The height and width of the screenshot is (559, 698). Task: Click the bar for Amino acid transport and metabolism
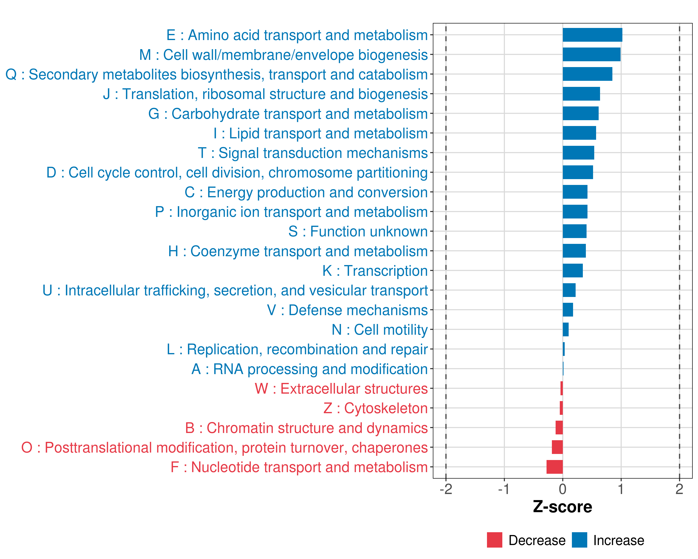pyautogui.click(x=592, y=35)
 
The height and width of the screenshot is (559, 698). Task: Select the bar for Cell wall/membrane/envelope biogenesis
pyautogui.click(x=591, y=55)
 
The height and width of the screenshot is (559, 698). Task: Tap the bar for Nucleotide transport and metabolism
pyautogui.click(x=555, y=467)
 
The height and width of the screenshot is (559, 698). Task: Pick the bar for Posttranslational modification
pyautogui.click(x=557, y=447)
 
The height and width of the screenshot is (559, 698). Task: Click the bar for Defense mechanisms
pyautogui.click(x=568, y=310)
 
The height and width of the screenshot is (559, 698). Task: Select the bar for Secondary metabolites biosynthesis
pyautogui.click(x=587, y=74)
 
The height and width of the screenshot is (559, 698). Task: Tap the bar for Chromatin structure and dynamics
pyautogui.click(x=559, y=428)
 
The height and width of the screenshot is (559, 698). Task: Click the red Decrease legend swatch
pyautogui.click(x=494, y=540)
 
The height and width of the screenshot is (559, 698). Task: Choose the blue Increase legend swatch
pyautogui.click(x=579, y=540)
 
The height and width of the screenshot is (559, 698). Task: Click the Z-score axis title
pyautogui.click(x=562, y=507)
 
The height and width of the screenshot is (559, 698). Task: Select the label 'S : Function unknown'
pyautogui.click(x=358, y=231)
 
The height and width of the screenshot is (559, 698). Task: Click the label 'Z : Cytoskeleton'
pyautogui.click(x=376, y=408)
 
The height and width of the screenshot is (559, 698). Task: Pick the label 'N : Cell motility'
pyautogui.click(x=380, y=330)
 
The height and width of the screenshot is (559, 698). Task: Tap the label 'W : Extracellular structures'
pyautogui.click(x=341, y=389)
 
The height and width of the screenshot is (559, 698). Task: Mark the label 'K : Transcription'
pyautogui.click(x=375, y=271)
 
